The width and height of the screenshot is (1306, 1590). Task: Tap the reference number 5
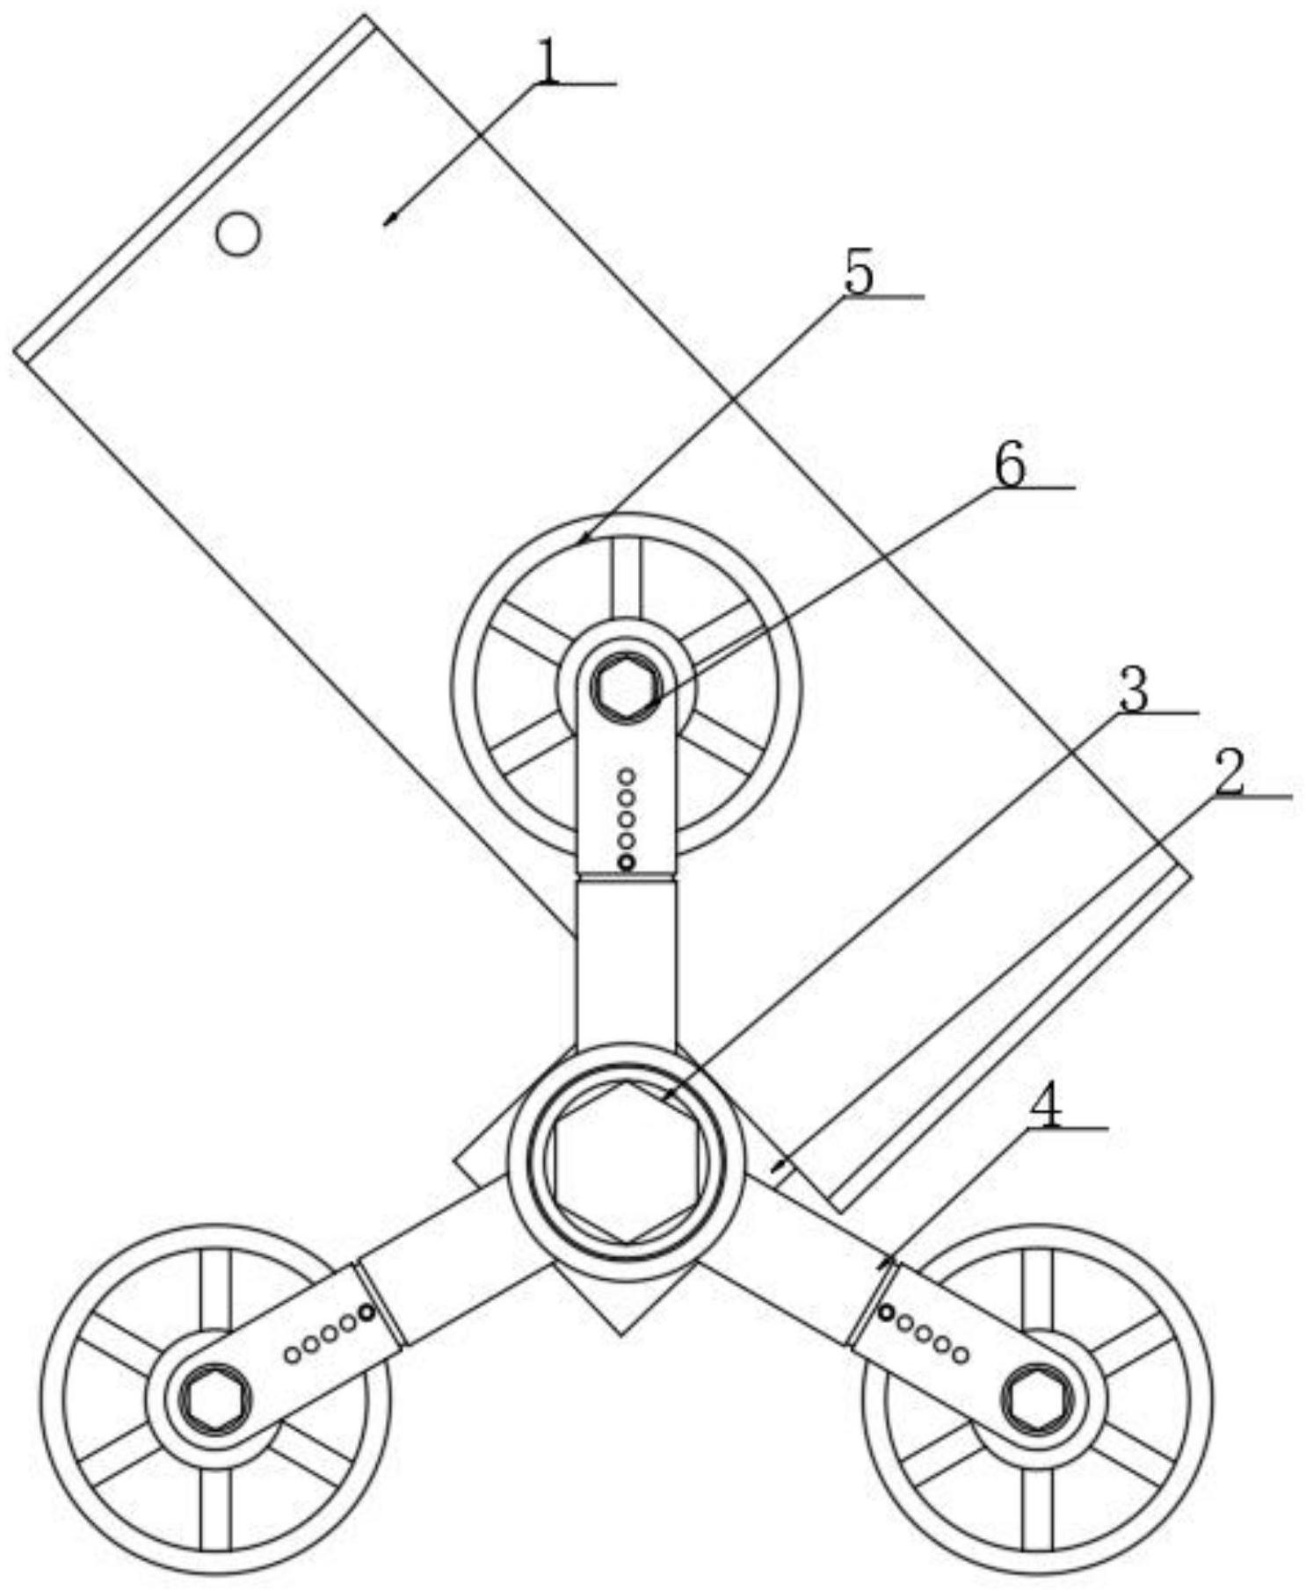tap(859, 276)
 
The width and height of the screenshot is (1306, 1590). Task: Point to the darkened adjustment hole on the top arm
tap(626, 863)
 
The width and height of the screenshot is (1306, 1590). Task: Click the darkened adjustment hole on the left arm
tap(366, 1313)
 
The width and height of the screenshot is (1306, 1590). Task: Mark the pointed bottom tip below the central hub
tap(622, 1335)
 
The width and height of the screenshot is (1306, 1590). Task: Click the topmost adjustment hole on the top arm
tap(627, 777)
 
